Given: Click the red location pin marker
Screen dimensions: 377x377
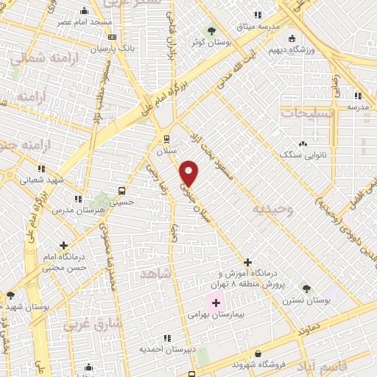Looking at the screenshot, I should coord(189,173).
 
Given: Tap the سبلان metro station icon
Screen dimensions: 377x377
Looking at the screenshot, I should coord(166,138).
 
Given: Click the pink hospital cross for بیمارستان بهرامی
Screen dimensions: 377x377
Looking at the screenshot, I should coord(216,303).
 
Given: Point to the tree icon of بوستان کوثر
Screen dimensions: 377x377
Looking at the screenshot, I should coord(212,31).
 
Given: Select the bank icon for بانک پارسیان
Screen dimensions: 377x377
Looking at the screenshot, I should coord(111,37).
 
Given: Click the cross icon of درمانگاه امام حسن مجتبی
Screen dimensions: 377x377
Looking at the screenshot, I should coord(65,245).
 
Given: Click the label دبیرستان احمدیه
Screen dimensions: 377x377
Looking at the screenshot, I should coord(166,350).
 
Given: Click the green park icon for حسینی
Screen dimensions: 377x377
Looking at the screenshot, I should coord(102,200).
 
